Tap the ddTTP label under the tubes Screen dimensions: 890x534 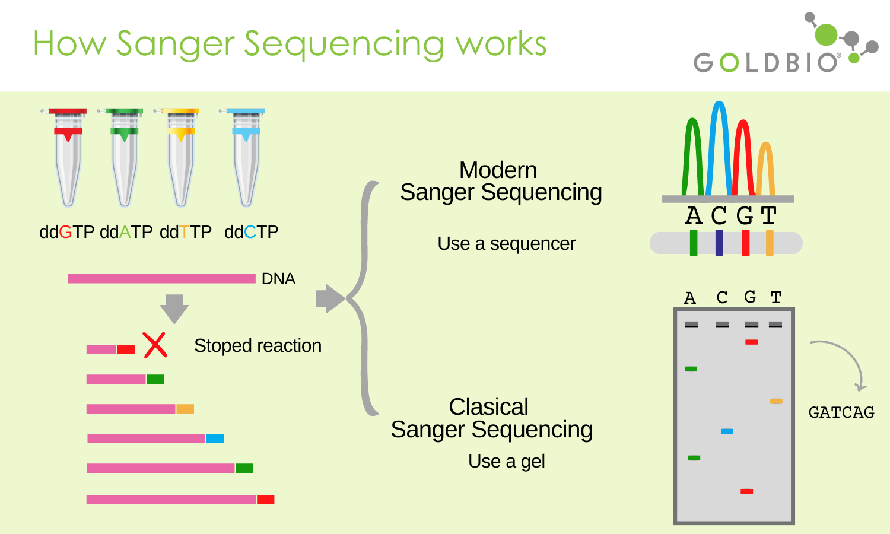point(186,232)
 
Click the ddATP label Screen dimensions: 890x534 point(126,232)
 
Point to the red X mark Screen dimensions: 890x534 point(155,345)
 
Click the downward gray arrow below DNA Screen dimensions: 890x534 point(174,309)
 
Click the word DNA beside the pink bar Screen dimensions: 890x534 point(278,279)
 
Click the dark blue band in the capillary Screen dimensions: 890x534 point(719,243)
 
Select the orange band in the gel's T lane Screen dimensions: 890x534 point(776,401)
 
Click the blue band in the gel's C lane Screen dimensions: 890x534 point(727,431)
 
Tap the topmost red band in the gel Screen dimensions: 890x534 point(751,342)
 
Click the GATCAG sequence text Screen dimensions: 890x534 point(841,412)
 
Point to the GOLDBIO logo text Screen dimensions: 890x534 point(766,63)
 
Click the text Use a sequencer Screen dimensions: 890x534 point(507,243)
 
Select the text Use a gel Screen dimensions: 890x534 point(507,462)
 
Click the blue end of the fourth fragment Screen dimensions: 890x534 point(215,438)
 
